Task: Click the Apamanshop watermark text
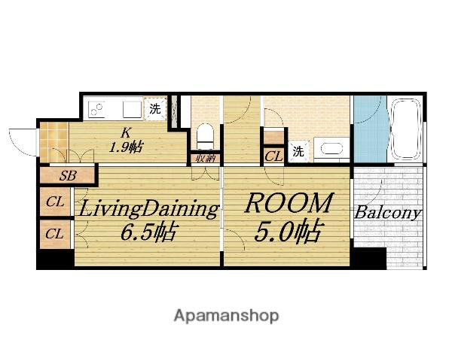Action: click(226, 317)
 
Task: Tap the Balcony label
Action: click(388, 214)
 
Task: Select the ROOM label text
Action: click(289, 204)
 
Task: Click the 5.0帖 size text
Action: click(288, 231)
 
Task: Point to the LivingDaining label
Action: click(148, 208)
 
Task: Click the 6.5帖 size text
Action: click(148, 232)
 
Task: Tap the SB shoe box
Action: click(68, 175)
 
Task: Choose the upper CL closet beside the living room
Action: click(55, 202)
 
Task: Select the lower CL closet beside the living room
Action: click(55, 234)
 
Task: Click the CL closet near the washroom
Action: click(273, 156)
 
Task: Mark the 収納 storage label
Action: click(206, 158)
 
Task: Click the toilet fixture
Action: click(205, 137)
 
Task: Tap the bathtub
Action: click(405, 129)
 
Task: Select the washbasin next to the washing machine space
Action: click(331, 150)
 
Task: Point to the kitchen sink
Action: click(132, 109)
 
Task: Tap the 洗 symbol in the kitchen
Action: click(155, 109)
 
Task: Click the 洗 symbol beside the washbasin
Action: click(298, 151)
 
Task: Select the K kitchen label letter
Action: click(126, 133)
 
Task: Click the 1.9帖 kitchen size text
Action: click(125, 147)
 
